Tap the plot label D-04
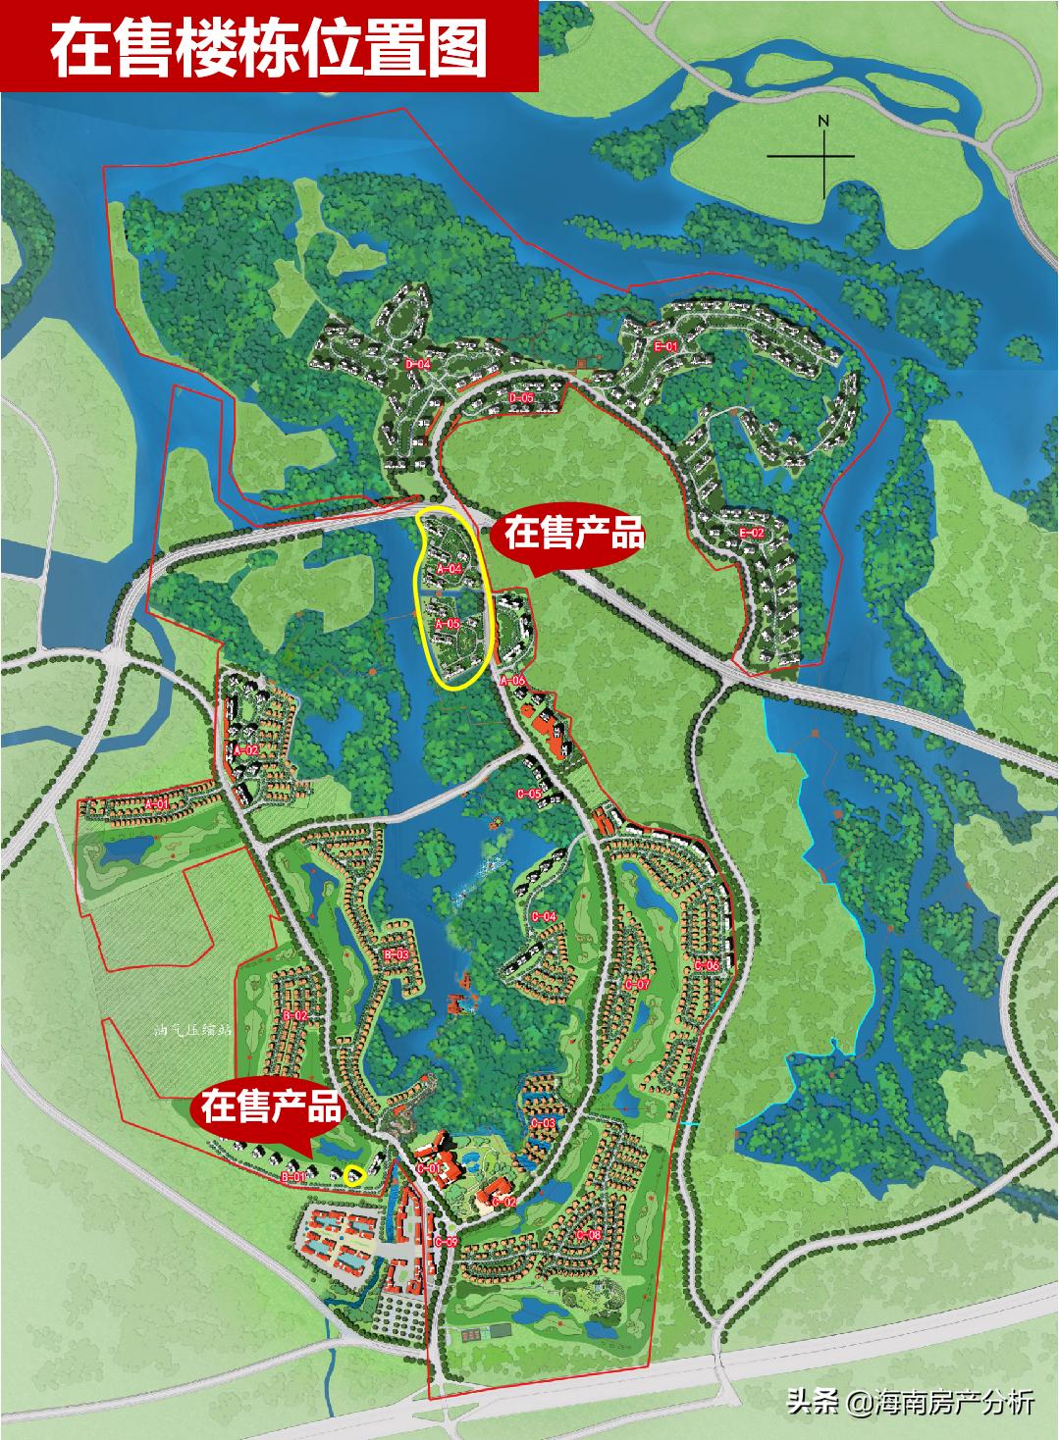click(x=418, y=364)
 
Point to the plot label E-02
click(x=751, y=533)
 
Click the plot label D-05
click(x=520, y=398)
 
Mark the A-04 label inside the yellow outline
click(x=450, y=569)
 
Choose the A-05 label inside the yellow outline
click(x=448, y=624)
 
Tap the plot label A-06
click(x=513, y=680)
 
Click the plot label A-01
click(x=157, y=804)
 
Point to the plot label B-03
click(x=396, y=953)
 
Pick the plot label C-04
click(x=544, y=916)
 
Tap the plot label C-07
click(x=637, y=984)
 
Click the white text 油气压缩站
click(x=192, y=1030)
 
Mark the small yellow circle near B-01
click(x=354, y=1173)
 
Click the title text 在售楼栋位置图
click(x=269, y=46)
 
